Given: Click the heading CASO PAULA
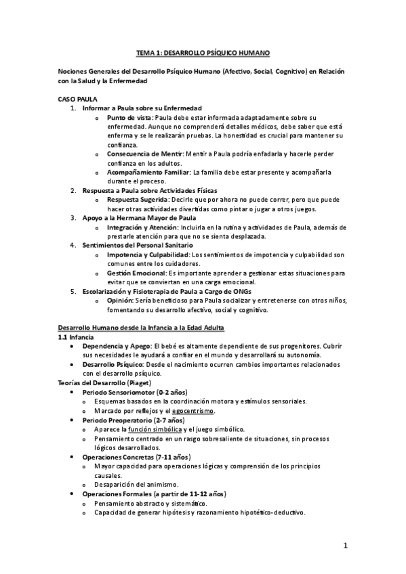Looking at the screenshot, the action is click(78, 99).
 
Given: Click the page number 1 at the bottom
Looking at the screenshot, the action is click(345, 546).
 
